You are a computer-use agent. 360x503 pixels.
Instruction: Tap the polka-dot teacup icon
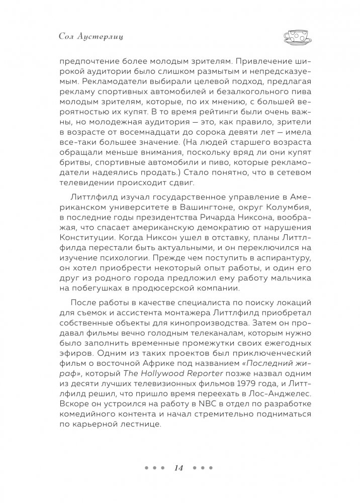pyautogui.click(x=297, y=36)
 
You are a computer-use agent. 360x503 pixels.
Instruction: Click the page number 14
pyautogui.click(x=179, y=468)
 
